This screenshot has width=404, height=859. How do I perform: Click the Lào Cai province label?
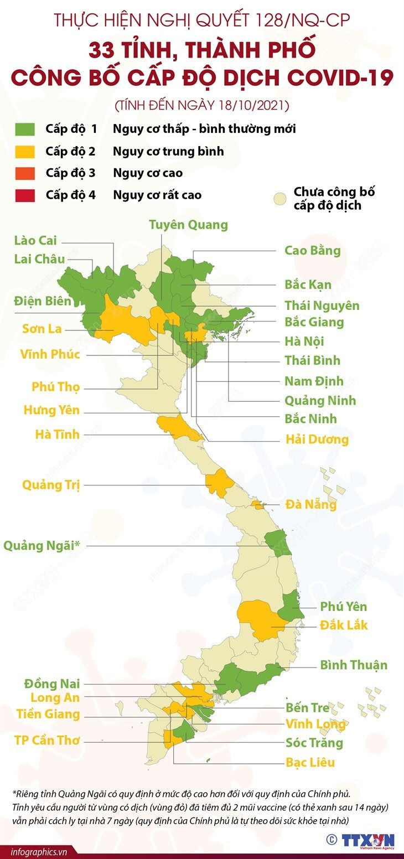tap(35, 240)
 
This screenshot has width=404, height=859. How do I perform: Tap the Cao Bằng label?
tap(312, 250)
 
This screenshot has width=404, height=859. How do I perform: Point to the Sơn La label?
tap(42, 328)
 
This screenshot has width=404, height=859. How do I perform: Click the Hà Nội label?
tap(304, 341)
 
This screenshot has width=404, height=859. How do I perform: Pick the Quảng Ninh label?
tap(320, 400)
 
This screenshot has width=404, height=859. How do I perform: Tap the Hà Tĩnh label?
tap(57, 434)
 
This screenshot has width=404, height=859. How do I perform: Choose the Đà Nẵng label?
tap(310, 504)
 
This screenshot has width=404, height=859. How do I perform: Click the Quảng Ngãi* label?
tap(42, 545)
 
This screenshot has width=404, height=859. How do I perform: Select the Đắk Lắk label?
tap(344, 625)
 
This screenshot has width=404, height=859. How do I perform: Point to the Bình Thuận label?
tap(353, 665)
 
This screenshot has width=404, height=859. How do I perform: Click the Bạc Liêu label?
tap(310, 762)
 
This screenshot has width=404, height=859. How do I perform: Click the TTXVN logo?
tap(367, 841)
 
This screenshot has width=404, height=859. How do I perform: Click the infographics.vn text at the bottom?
tap(34, 852)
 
